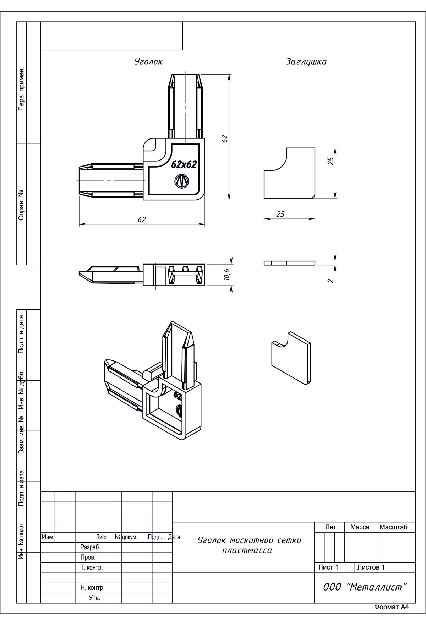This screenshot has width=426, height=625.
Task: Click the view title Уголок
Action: pyautogui.click(x=148, y=61)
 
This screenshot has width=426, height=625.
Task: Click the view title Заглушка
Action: pyautogui.click(x=306, y=61)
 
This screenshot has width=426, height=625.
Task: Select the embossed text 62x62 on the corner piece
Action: pyautogui.click(x=184, y=164)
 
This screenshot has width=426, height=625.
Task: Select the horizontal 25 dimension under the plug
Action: pyautogui.click(x=280, y=214)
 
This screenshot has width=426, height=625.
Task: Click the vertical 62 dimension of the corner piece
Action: pyautogui.click(x=224, y=138)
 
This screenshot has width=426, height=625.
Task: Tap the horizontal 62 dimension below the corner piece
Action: pyautogui.click(x=142, y=219)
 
